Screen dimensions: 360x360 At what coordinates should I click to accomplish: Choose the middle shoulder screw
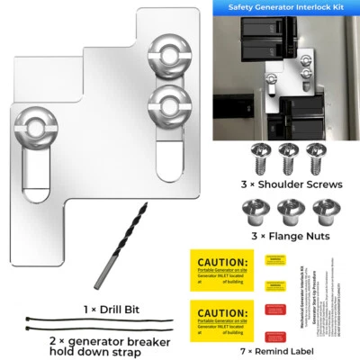(289, 157)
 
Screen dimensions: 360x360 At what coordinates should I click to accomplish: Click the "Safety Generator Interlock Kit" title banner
(285, 7)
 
